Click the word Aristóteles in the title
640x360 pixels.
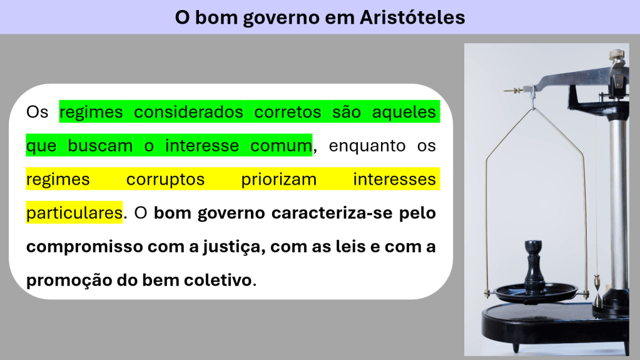click(x=412, y=18)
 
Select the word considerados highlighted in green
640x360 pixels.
click(x=188, y=112)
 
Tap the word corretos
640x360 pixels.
click(x=288, y=112)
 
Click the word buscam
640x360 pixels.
click(x=100, y=146)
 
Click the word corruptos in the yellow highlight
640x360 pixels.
click(x=165, y=180)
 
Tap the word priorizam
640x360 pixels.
click(x=279, y=180)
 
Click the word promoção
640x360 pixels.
click(x=69, y=280)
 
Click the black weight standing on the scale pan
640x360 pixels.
click(x=534, y=265)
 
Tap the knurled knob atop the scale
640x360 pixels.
click(x=617, y=54)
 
